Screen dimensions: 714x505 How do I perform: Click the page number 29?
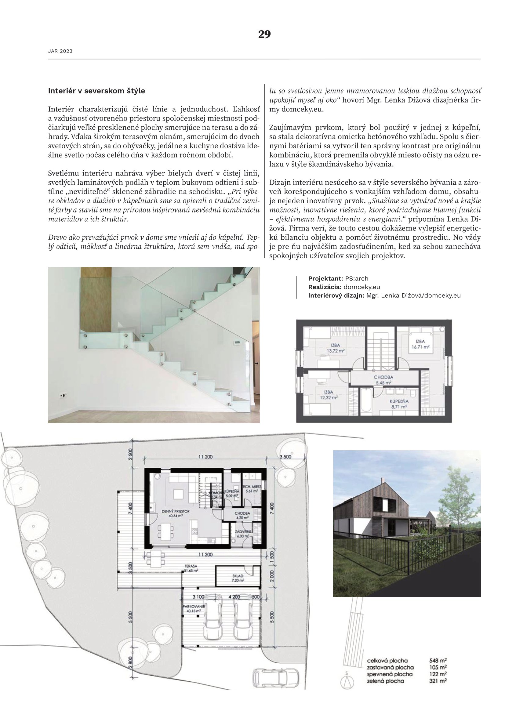[x=264, y=34]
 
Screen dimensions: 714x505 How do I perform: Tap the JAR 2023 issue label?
[x=60, y=51]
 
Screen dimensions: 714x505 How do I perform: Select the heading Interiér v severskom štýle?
[x=96, y=91]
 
